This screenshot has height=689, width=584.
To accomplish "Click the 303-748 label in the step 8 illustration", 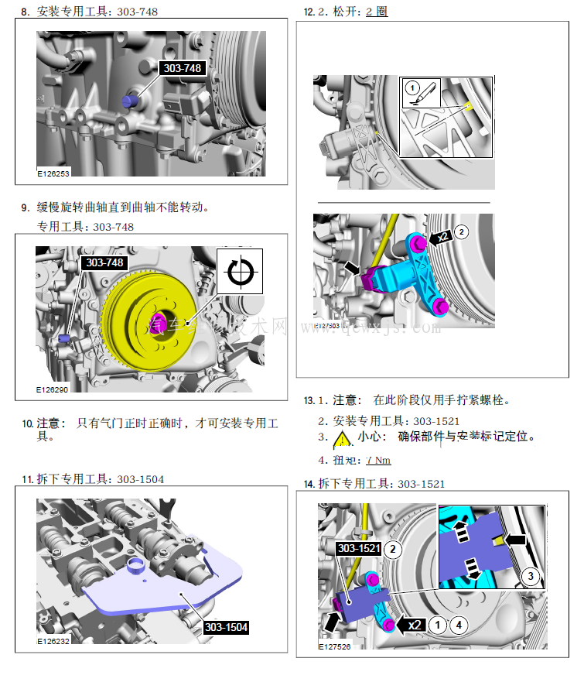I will click(x=183, y=68).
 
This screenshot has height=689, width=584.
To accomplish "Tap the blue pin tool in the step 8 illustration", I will click(x=130, y=101).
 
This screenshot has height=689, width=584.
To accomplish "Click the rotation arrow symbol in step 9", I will click(x=240, y=270).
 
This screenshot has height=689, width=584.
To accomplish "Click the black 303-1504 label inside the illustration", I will click(x=227, y=627).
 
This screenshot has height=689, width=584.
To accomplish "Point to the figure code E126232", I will click(x=53, y=641).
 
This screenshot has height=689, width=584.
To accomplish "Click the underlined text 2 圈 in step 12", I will click(x=377, y=13).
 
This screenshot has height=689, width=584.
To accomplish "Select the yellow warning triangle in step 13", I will click(x=342, y=440).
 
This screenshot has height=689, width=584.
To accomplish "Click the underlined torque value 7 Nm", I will click(x=378, y=461).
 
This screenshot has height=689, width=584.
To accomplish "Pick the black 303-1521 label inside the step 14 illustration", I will click(x=357, y=549).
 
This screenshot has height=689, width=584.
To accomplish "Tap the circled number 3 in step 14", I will click(x=529, y=575).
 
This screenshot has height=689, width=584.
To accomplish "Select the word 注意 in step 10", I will click(x=49, y=423).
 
